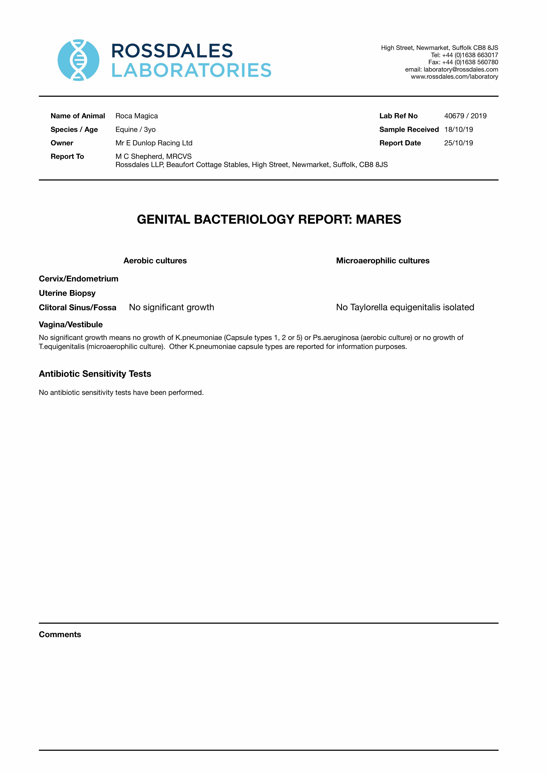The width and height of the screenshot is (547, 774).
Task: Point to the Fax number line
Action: [463, 62]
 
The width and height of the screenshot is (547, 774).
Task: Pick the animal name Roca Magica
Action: [137, 116]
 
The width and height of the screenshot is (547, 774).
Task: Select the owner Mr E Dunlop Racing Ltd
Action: [154, 143]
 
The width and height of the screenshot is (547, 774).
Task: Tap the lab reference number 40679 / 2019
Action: [465, 116]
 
